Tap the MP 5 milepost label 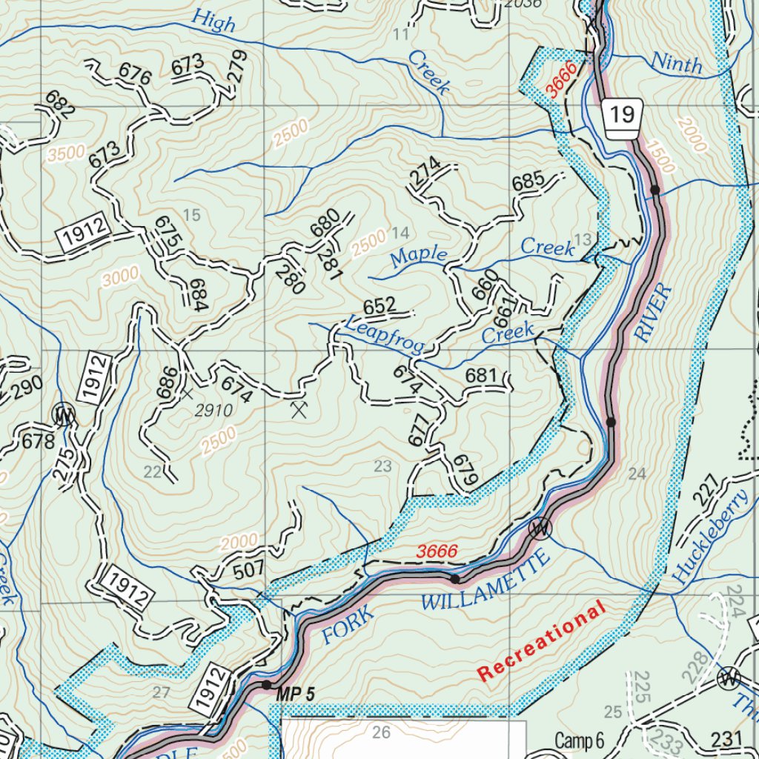tap(296, 695)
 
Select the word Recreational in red tap(541, 642)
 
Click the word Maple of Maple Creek tap(420, 257)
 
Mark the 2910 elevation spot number tap(215, 410)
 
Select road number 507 tap(248, 571)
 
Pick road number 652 tap(379, 305)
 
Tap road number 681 tap(481, 377)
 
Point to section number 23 tap(382, 466)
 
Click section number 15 tap(191, 216)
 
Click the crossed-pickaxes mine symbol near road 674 tap(299, 408)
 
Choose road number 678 tap(39, 442)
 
